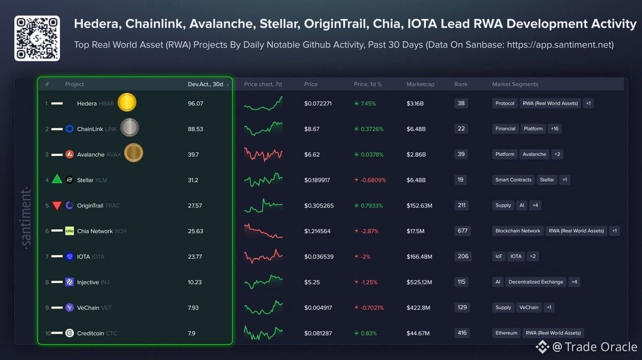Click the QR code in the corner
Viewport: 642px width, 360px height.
(x=37, y=38)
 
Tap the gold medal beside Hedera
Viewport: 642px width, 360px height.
(x=127, y=102)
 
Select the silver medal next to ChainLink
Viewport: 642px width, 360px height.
(x=129, y=128)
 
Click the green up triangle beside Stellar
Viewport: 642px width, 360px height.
(x=57, y=179)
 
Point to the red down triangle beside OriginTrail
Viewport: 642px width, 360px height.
(x=57, y=205)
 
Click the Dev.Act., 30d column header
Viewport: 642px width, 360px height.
(x=205, y=84)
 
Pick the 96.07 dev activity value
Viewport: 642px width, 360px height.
(x=195, y=103)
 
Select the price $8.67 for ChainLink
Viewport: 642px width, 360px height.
(x=312, y=129)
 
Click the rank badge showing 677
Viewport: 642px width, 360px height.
(x=462, y=231)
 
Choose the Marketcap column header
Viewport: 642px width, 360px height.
(x=420, y=84)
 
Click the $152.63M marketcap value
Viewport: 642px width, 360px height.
(x=419, y=205)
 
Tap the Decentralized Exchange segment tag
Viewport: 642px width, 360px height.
(x=536, y=282)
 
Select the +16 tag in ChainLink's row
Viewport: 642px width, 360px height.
(x=555, y=129)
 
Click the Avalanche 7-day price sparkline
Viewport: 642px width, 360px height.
(x=263, y=155)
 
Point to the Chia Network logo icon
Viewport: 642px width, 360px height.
(x=69, y=231)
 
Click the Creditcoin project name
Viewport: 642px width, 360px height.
(x=91, y=333)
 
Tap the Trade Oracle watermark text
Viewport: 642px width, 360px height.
(x=601, y=347)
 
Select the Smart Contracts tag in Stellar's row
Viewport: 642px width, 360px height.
(x=513, y=179)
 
